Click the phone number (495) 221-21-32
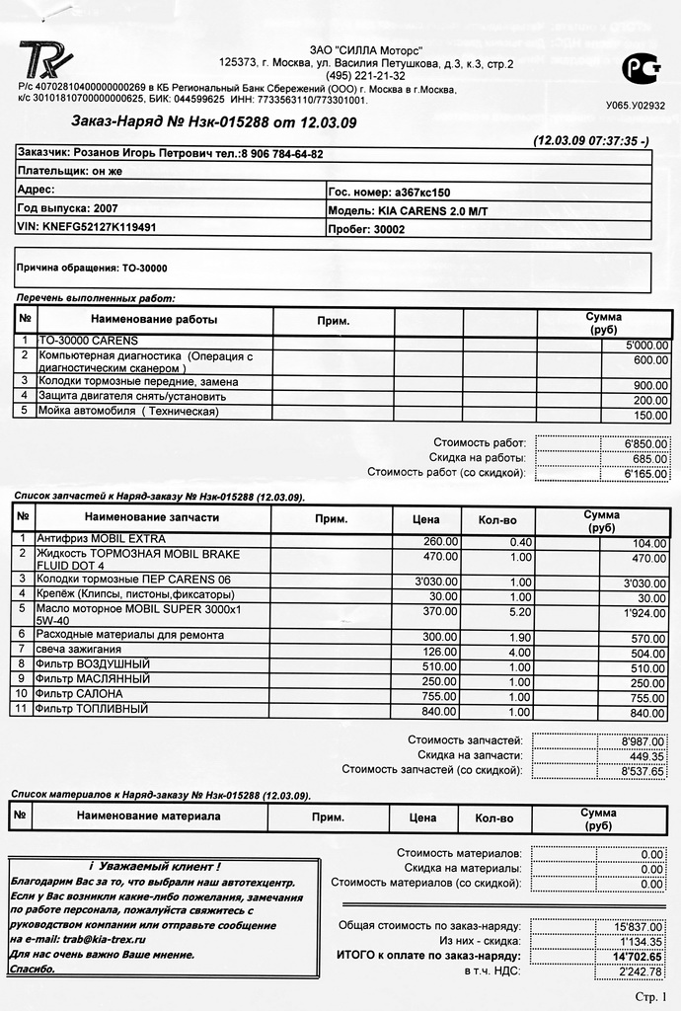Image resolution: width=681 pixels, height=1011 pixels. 365,75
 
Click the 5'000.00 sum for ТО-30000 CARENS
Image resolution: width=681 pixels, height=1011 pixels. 646,346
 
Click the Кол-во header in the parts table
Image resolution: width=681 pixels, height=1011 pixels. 498,518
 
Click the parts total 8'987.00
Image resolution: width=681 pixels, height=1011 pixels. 643,740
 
